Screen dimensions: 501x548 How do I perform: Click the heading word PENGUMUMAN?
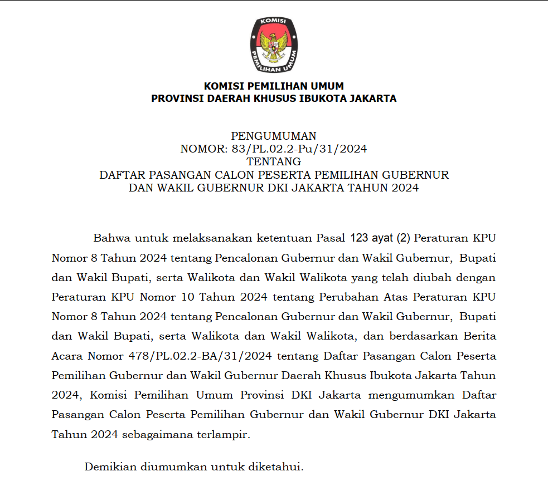click(x=274, y=136)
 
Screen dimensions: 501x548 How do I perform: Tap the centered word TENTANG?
click(x=274, y=161)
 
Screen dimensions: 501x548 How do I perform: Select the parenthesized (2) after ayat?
click(x=403, y=238)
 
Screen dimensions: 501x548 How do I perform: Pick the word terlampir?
click(x=223, y=434)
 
